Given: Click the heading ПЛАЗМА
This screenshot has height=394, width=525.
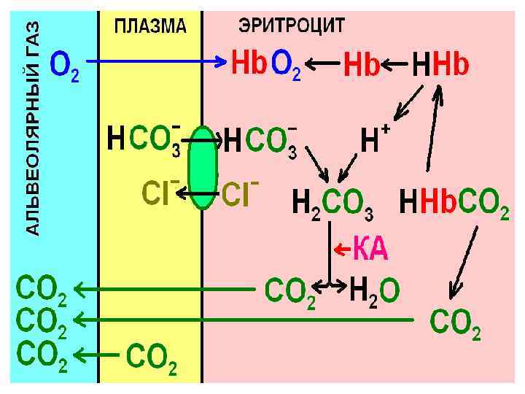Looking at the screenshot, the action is coord(150,27).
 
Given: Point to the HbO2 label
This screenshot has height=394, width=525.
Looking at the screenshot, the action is coord(265,65).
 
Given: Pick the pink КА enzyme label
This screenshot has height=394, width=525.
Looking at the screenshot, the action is coord(370,250).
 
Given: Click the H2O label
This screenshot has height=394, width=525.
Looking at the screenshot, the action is coord(374,291).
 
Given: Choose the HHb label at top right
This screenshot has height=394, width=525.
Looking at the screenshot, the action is coord(441,66).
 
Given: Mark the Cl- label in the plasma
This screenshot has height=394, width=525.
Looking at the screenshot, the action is coord(160,191).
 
